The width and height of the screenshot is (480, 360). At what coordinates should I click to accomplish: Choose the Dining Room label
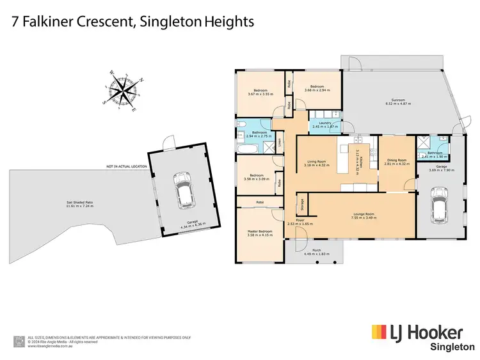tap(396, 160)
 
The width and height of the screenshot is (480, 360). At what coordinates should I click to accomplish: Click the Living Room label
tap(317, 162)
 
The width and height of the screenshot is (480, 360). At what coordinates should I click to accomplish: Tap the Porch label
tap(316, 250)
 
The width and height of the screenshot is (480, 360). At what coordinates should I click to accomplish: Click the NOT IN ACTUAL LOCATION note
tap(127, 166)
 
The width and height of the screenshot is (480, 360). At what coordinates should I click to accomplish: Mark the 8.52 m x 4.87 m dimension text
tap(399, 103)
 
